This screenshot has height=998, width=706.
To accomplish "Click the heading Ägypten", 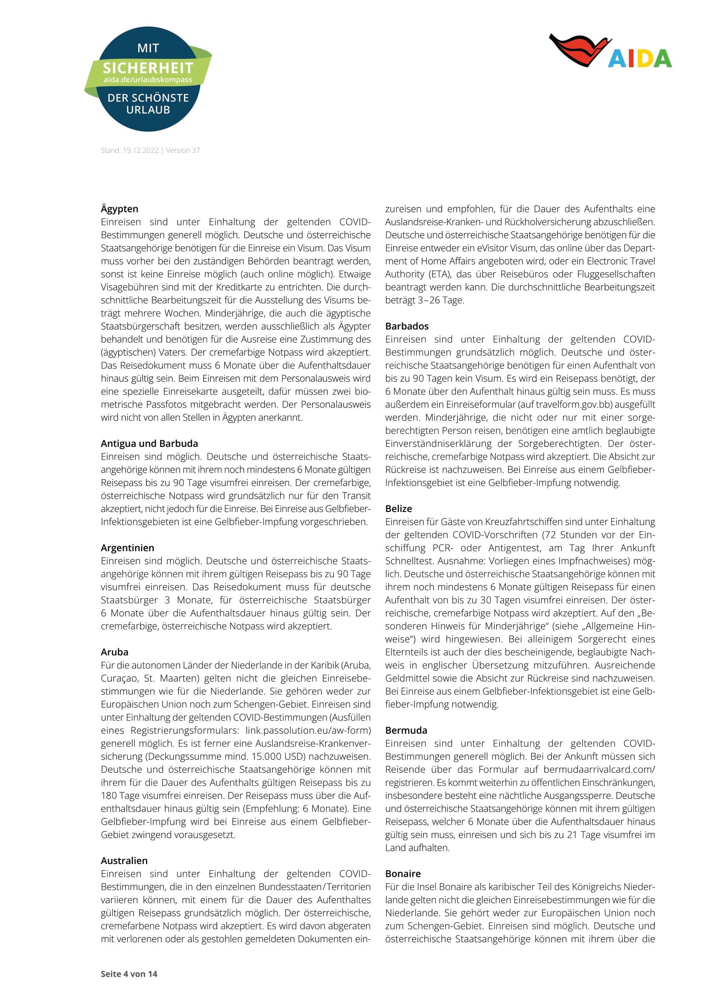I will pos(119,209).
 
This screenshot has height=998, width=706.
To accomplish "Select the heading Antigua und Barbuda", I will pos(149,443).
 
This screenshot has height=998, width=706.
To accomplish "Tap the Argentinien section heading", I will pos(127,548).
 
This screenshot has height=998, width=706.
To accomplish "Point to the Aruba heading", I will pos(114,652).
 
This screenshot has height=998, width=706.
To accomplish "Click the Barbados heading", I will pos(406,326).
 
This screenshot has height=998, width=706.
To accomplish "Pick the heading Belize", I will pos(398,509).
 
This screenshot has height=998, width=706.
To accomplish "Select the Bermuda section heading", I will pos(406,730).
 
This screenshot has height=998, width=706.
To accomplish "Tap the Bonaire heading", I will pos(403,874).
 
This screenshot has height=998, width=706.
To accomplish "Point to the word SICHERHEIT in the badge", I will pos(148,68).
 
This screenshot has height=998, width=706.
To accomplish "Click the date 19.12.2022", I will pos(140,150).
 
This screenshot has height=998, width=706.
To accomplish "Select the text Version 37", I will pos(183,150).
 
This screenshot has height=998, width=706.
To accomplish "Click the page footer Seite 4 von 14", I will pos(128,974).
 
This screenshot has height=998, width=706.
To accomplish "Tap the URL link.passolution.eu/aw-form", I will pos(308,730).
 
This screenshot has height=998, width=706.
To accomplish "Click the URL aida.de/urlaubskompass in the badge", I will pos(148,79).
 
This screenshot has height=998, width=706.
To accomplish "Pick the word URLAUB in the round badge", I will pos(148,110).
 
